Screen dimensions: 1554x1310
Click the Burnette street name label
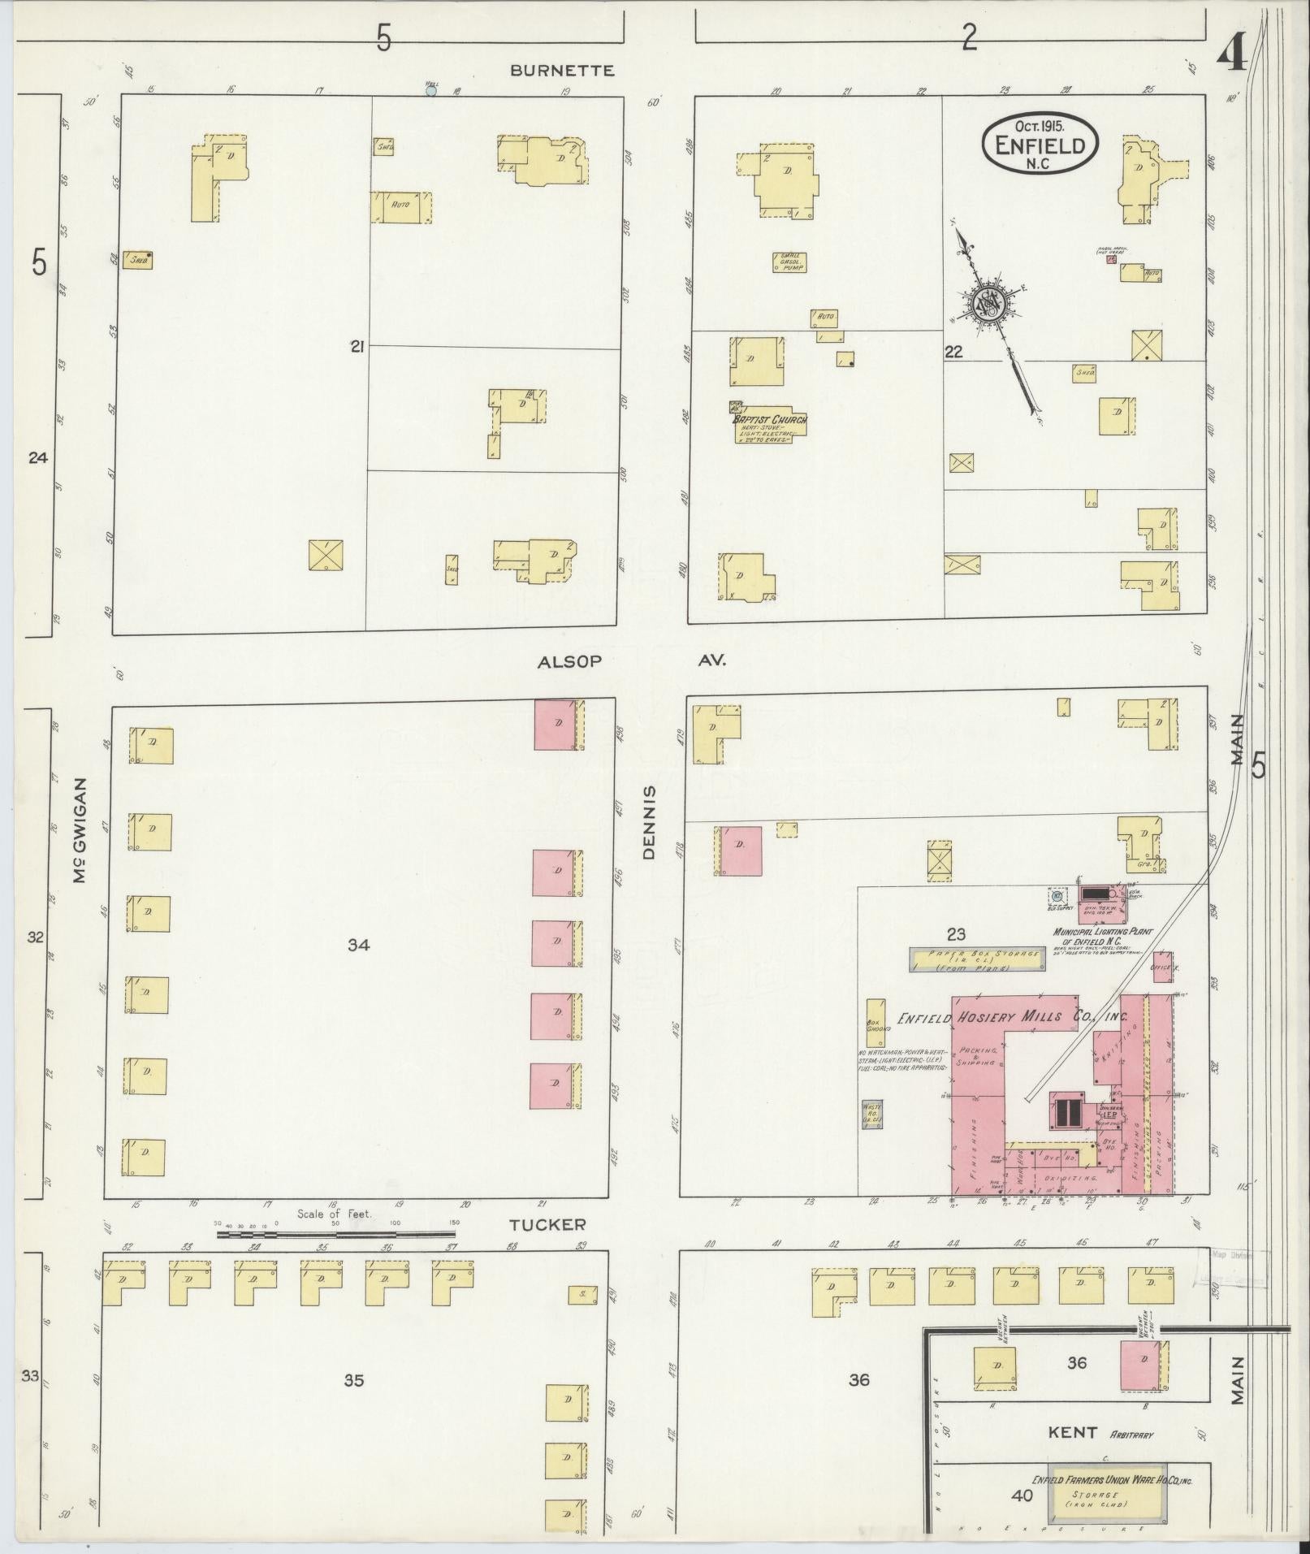562,71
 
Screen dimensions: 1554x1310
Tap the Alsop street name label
569,662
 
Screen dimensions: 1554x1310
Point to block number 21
356,347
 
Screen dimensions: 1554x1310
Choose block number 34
359,945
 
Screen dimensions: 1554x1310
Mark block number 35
353,1379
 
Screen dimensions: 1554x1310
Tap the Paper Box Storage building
975,960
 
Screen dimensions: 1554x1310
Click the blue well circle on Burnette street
431,91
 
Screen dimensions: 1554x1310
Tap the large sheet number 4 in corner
1231,55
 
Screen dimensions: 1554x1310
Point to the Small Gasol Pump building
789,262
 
